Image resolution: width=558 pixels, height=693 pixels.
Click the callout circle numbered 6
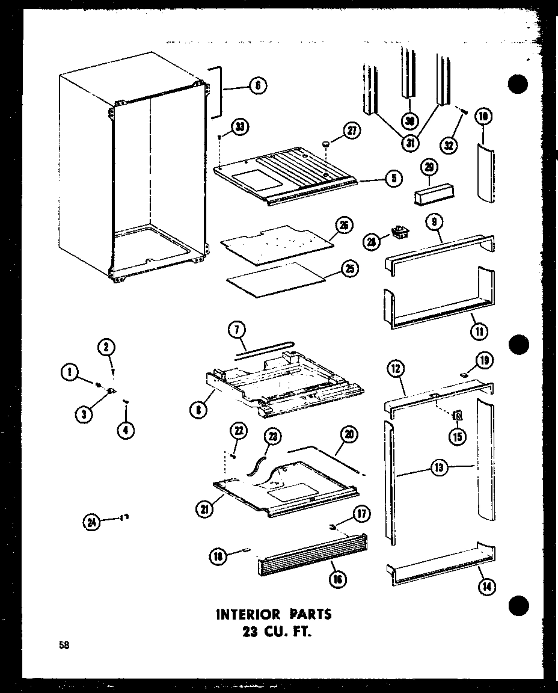pyautogui.click(x=257, y=86)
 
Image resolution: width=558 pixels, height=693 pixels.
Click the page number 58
pyautogui.click(x=63, y=646)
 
